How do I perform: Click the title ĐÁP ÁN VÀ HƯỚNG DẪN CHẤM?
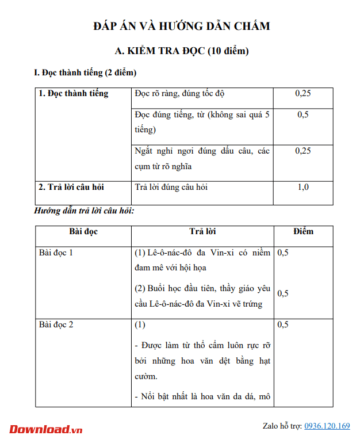(181, 26)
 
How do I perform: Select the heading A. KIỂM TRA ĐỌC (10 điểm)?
(182, 51)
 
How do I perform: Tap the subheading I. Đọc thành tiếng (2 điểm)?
(85, 73)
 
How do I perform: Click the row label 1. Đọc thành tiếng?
(73, 93)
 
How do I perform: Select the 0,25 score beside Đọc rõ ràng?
(302, 93)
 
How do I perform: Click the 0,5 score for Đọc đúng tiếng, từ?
(302, 114)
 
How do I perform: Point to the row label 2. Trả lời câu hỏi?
(71, 187)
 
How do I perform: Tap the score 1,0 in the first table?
(302, 187)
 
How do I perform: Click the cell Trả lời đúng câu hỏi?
(171, 187)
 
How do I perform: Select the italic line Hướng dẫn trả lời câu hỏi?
(85, 211)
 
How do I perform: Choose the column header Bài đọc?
(83, 231)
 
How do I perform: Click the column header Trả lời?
(202, 231)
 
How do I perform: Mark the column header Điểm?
(303, 231)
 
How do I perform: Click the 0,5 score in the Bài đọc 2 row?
(283, 324)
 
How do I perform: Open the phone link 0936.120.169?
(327, 426)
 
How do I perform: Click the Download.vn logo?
(46, 429)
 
